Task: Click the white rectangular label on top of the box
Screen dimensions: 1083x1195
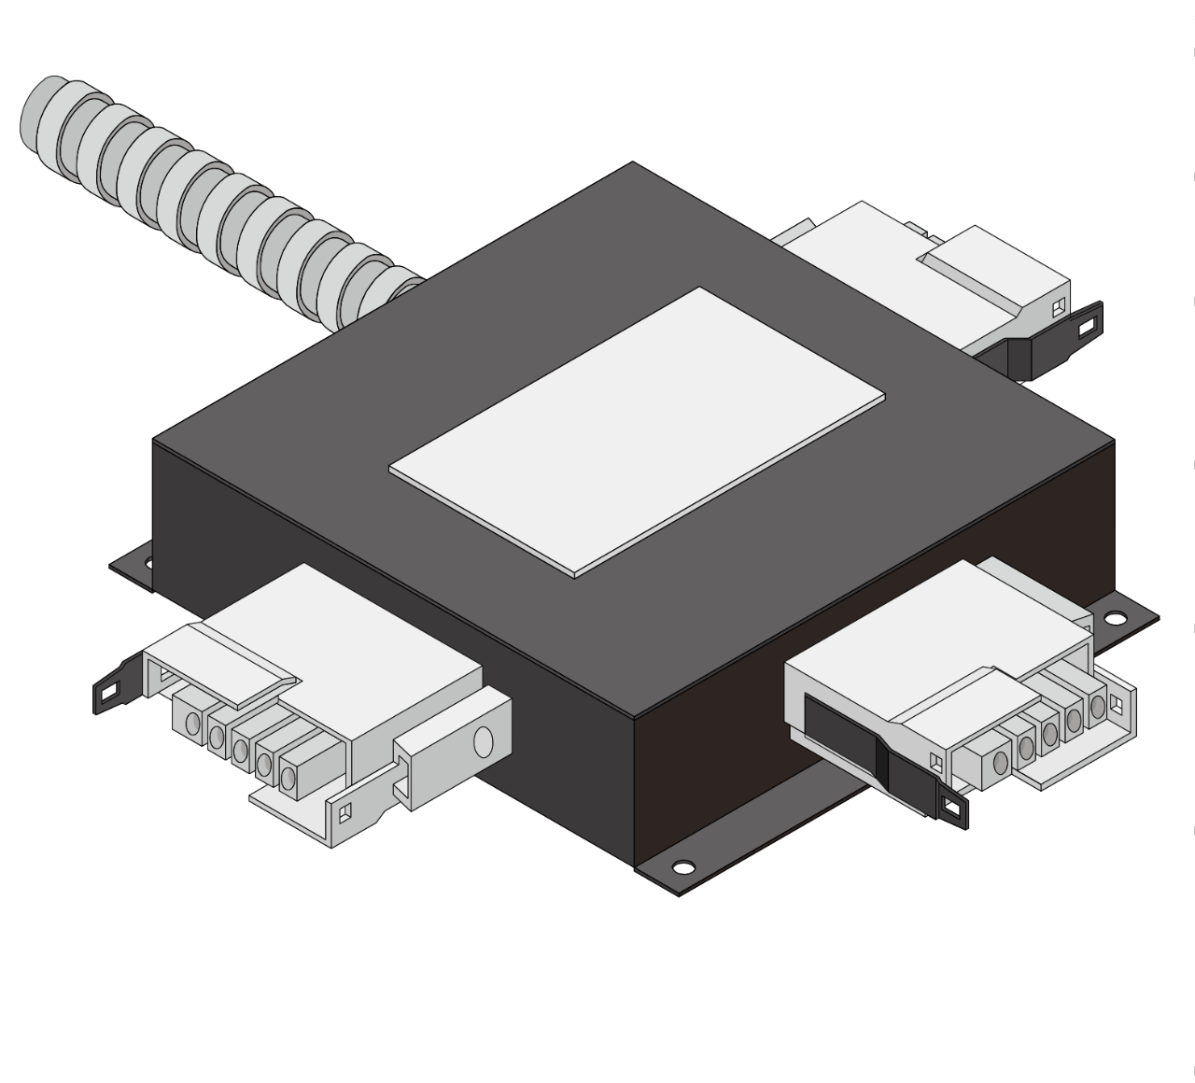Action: (x=637, y=431)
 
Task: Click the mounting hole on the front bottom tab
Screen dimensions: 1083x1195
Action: (x=682, y=867)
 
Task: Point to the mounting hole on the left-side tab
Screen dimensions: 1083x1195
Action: (x=147, y=562)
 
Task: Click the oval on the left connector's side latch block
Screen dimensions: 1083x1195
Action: (x=483, y=741)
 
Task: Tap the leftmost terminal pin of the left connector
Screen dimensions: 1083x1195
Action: (x=193, y=723)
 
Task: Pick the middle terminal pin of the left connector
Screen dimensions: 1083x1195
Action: (x=240, y=750)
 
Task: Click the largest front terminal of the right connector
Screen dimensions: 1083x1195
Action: (x=1000, y=762)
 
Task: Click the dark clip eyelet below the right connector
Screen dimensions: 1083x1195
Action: (x=952, y=810)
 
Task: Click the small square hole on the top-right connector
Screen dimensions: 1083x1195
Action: (x=1058, y=307)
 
